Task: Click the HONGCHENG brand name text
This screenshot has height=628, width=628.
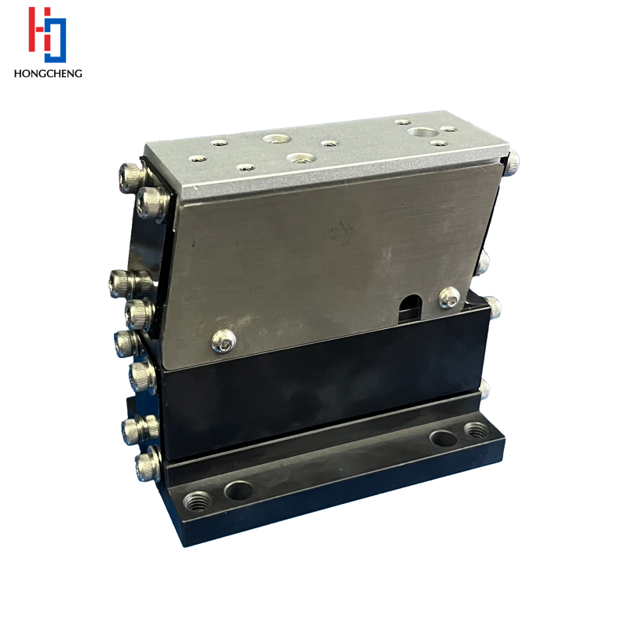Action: (x=48, y=73)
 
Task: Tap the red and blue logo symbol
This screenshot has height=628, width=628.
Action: (x=47, y=35)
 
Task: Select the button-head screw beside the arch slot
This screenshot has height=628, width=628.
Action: (x=450, y=298)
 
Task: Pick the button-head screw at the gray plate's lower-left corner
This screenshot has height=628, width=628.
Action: (x=224, y=341)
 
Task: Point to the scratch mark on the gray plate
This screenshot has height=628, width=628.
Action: (x=340, y=232)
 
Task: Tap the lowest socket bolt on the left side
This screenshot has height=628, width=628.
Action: (x=148, y=466)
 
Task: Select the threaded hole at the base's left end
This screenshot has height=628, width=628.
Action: (x=197, y=501)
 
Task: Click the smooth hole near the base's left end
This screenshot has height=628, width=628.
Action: (x=239, y=490)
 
